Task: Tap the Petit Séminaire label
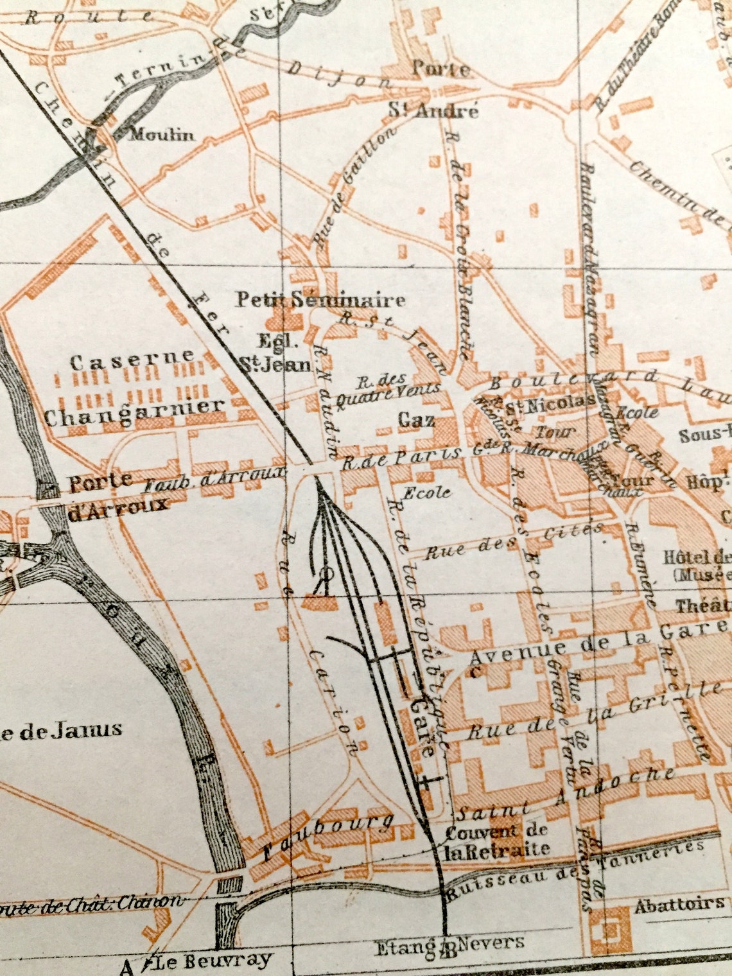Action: point(320,299)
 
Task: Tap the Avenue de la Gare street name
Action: point(597,641)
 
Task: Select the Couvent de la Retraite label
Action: point(498,840)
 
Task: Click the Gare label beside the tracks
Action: point(424,726)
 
